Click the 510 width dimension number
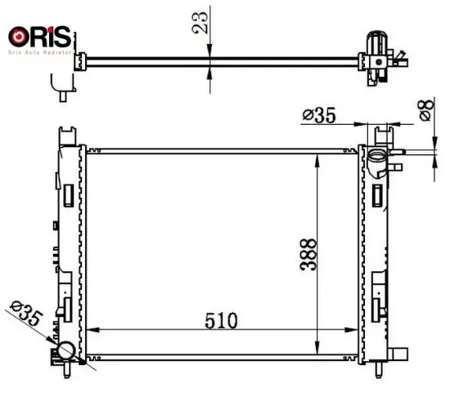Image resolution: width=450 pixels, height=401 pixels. pyautogui.click(x=222, y=318)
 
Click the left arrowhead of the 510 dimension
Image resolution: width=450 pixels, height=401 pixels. pyautogui.click(x=91, y=330)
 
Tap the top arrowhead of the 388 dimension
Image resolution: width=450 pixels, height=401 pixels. pyautogui.click(x=317, y=155)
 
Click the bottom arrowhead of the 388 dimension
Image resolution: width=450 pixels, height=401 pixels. pyautogui.click(x=317, y=352)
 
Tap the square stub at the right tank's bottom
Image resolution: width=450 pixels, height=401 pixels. pyautogui.click(x=400, y=352)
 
